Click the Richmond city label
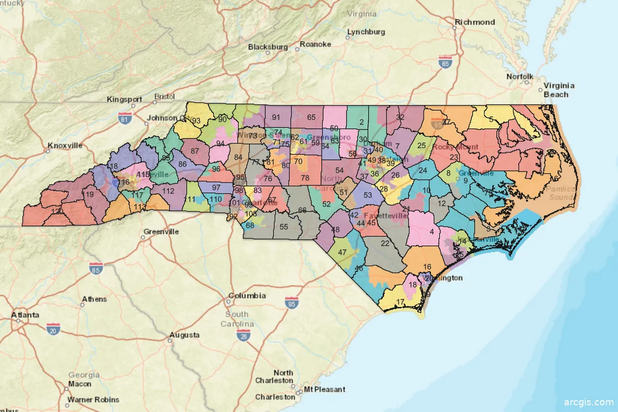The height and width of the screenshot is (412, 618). click(x=474, y=22)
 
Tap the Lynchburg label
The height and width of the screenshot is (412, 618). click(x=366, y=32)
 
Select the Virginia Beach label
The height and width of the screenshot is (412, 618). click(x=559, y=90)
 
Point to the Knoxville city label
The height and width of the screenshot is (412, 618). click(x=65, y=146)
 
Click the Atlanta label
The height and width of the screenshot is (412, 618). click(x=25, y=315)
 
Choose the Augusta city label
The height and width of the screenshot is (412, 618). click(x=184, y=335)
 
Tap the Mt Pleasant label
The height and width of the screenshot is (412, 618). click(x=324, y=389)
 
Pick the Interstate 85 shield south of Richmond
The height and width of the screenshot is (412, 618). click(x=445, y=63)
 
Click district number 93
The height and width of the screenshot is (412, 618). click(x=196, y=121)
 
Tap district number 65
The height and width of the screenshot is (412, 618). click(x=311, y=117)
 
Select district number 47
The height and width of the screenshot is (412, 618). click(x=342, y=252)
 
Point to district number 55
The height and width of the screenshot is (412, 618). click(x=284, y=227)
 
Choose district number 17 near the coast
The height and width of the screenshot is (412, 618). click(x=400, y=303)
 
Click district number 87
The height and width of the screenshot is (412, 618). click(x=195, y=151)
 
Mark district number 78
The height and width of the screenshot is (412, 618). click(x=305, y=178)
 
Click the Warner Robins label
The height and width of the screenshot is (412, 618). click(x=93, y=400)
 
